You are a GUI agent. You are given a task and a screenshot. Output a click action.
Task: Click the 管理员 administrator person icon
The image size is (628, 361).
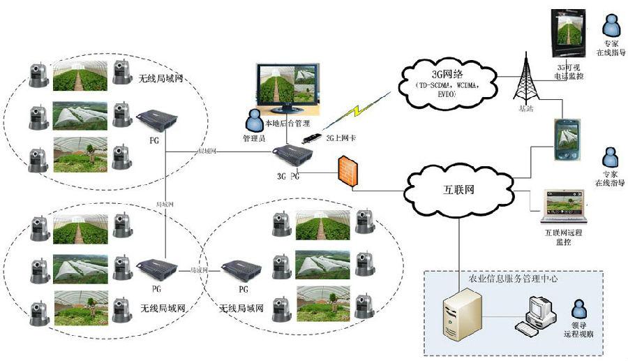pos(255,119)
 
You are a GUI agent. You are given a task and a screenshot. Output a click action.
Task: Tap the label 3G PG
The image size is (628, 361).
pos(287,177)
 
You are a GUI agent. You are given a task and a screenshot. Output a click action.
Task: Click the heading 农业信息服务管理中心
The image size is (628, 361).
pos(510,278)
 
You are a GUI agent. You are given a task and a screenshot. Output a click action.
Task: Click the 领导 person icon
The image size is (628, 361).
pos(578,309)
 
